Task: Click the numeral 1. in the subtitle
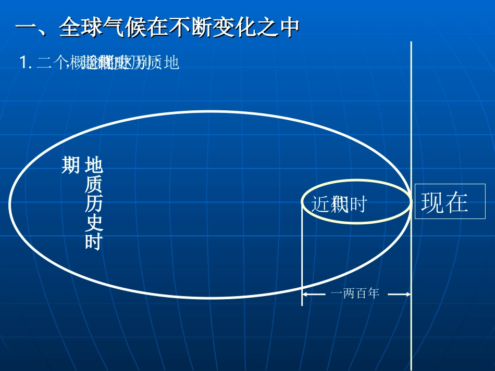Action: tap(26, 63)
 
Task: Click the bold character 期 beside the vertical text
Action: tap(70, 165)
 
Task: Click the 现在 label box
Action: tap(450, 202)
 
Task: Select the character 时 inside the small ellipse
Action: tap(358, 204)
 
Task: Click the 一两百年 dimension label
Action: tap(355, 293)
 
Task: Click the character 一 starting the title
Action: tap(24, 28)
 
